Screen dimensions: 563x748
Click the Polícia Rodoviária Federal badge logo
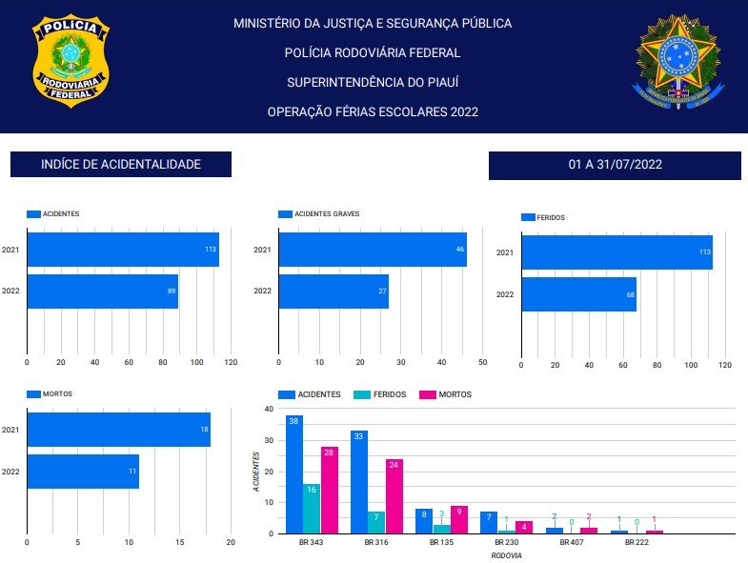pyautogui.click(x=71, y=60)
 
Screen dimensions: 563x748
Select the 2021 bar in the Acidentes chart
pyautogui.click(x=123, y=250)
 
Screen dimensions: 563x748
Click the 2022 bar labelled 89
pyautogui.click(x=102, y=291)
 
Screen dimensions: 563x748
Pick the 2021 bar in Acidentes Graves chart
pyautogui.click(x=373, y=250)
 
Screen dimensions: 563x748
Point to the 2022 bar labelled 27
pyautogui.click(x=334, y=291)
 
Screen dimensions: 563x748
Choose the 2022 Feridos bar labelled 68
pyautogui.click(x=578, y=294)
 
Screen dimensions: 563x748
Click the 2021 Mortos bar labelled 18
pyautogui.click(x=118, y=430)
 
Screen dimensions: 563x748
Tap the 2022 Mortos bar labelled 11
pyautogui.click(x=83, y=472)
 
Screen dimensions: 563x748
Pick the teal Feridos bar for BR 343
pyautogui.click(x=312, y=509)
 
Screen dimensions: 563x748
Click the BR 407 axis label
pyautogui.click(x=571, y=542)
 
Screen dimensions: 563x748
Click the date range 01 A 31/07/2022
pyautogui.click(x=615, y=165)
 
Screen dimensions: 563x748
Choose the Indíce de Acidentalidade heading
pyautogui.click(x=121, y=165)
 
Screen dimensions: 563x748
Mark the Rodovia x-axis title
pyautogui.click(x=507, y=554)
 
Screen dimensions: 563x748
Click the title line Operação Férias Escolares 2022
pyautogui.click(x=373, y=112)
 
